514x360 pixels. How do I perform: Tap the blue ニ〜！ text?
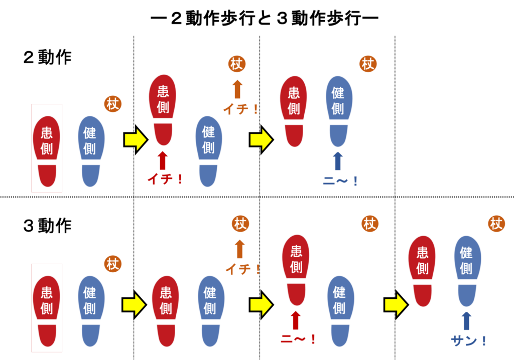click(340, 181)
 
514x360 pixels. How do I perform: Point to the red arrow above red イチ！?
click(162, 161)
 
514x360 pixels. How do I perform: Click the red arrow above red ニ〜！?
click(296, 320)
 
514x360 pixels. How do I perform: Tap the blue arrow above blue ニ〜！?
click(338, 161)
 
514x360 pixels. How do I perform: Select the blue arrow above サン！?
click(467, 321)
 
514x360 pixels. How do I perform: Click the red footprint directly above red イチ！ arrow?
click(163, 106)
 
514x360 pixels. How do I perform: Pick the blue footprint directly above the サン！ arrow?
click(467, 268)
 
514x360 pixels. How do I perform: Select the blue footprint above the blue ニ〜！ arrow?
click(338, 108)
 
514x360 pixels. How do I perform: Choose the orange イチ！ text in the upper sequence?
click(241, 109)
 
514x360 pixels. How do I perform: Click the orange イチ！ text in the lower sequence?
click(243, 269)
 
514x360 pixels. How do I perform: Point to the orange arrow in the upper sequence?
click(237, 89)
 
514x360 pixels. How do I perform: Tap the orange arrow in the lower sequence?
click(240, 249)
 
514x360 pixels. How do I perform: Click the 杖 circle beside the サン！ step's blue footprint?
click(496, 224)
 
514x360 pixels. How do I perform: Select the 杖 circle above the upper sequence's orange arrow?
click(237, 64)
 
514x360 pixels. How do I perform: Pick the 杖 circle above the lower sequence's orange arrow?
click(240, 224)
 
